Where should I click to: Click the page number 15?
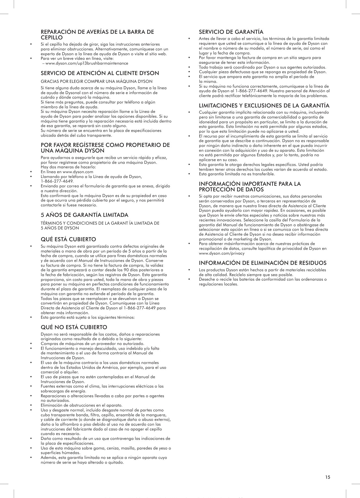[x=328, y=477]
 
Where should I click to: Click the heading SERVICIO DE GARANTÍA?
[x=231, y=32]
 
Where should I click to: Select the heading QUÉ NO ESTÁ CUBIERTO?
[x=74, y=327]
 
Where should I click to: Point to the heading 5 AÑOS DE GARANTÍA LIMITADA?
[x=84, y=215]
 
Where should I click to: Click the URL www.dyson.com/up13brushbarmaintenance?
[x=87, y=64]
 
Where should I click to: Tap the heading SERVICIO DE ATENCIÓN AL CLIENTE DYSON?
[x=100, y=73]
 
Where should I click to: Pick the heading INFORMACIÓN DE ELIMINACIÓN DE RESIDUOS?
[x=262, y=263]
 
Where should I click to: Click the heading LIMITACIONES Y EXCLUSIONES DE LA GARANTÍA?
[x=264, y=106]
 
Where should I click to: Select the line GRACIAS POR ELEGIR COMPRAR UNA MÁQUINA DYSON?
[x=96, y=81]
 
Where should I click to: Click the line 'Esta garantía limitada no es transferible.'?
[x=237, y=174]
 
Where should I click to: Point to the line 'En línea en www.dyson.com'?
[x=67, y=172]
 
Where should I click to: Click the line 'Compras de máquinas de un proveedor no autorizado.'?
[x=92, y=344]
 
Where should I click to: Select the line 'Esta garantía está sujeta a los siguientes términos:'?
[x=88, y=318]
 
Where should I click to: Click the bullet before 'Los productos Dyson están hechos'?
[x=189, y=270]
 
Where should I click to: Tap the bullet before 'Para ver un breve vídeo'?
[x=31, y=59]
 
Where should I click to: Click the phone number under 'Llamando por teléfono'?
[x=57, y=181]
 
